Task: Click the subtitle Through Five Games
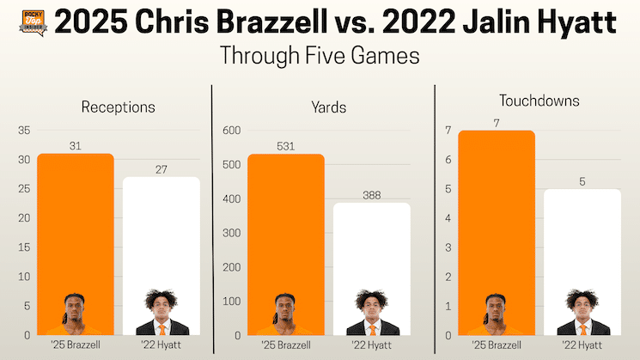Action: pyautogui.click(x=320, y=58)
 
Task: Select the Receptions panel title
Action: pyautogui.click(x=118, y=107)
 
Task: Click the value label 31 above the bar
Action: pyautogui.click(x=76, y=146)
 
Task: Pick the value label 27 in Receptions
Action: pyautogui.click(x=162, y=169)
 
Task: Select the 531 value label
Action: pyautogui.click(x=286, y=146)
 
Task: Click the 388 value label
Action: pyautogui.click(x=371, y=195)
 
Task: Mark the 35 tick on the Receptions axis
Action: pyautogui.click(x=24, y=131)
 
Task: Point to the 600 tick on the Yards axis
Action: pyautogui.click(x=230, y=131)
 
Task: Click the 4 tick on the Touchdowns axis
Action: pyautogui.click(x=448, y=218)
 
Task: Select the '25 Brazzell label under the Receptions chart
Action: pyautogui.click(x=76, y=346)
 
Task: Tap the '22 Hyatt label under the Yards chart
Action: pyautogui.click(x=371, y=346)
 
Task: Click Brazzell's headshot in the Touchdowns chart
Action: pyautogui.click(x=497, y=314)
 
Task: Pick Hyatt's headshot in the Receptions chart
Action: pyautogui.click(x=162, y=313)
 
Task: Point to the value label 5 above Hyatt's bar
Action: pyautogui.click(x=582, y=181)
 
